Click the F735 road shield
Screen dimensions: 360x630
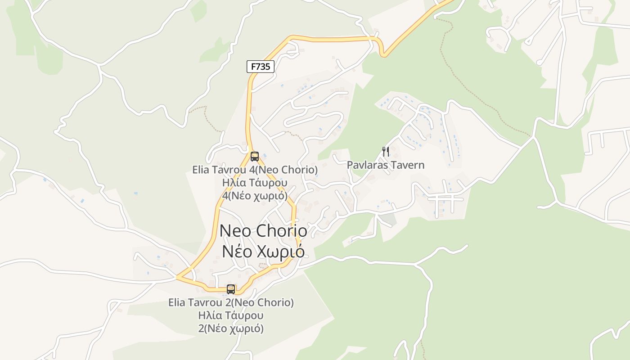tap(261, 67)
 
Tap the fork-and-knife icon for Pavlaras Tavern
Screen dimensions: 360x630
tap(386, 151)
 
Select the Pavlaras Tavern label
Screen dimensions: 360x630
tap(386, 165)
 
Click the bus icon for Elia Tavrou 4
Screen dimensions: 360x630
tap(255, 157)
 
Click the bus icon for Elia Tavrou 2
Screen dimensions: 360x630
tap(231, 289)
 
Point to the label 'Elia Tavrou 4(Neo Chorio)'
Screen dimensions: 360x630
tap(255, 170)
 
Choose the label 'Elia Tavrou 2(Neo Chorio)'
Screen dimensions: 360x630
tap(231, 302)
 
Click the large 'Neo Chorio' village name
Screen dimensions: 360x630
tap(264, 231)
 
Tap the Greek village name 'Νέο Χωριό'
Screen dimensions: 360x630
tap(263, 252)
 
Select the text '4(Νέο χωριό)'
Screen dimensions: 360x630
tap(255, 196)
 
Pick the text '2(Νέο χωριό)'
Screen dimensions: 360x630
tap(231, 328)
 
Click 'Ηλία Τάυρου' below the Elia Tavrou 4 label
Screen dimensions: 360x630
tap(255, 183)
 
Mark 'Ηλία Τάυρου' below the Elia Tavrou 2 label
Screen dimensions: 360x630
tap(231, 315)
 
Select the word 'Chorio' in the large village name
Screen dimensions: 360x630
tap(282, 231)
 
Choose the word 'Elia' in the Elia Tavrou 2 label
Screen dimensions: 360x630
tap(176, 302)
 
